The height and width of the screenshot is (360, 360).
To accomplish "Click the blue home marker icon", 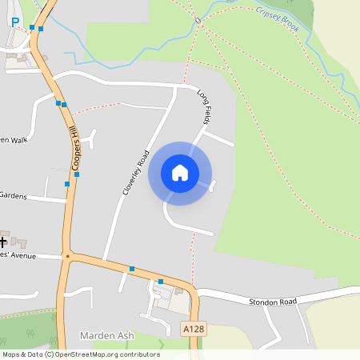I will tap(180, 173).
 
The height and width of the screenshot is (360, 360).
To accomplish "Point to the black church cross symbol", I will tap(3, 240).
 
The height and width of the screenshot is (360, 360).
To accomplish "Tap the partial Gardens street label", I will tap(14, 195).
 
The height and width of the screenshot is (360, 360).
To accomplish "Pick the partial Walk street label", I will tap(14, 140).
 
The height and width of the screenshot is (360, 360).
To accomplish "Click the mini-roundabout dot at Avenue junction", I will tap(68, 257).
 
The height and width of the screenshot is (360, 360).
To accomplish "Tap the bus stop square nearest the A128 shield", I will tap(161, 282).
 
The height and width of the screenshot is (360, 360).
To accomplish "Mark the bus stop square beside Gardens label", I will tap(66, 185).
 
